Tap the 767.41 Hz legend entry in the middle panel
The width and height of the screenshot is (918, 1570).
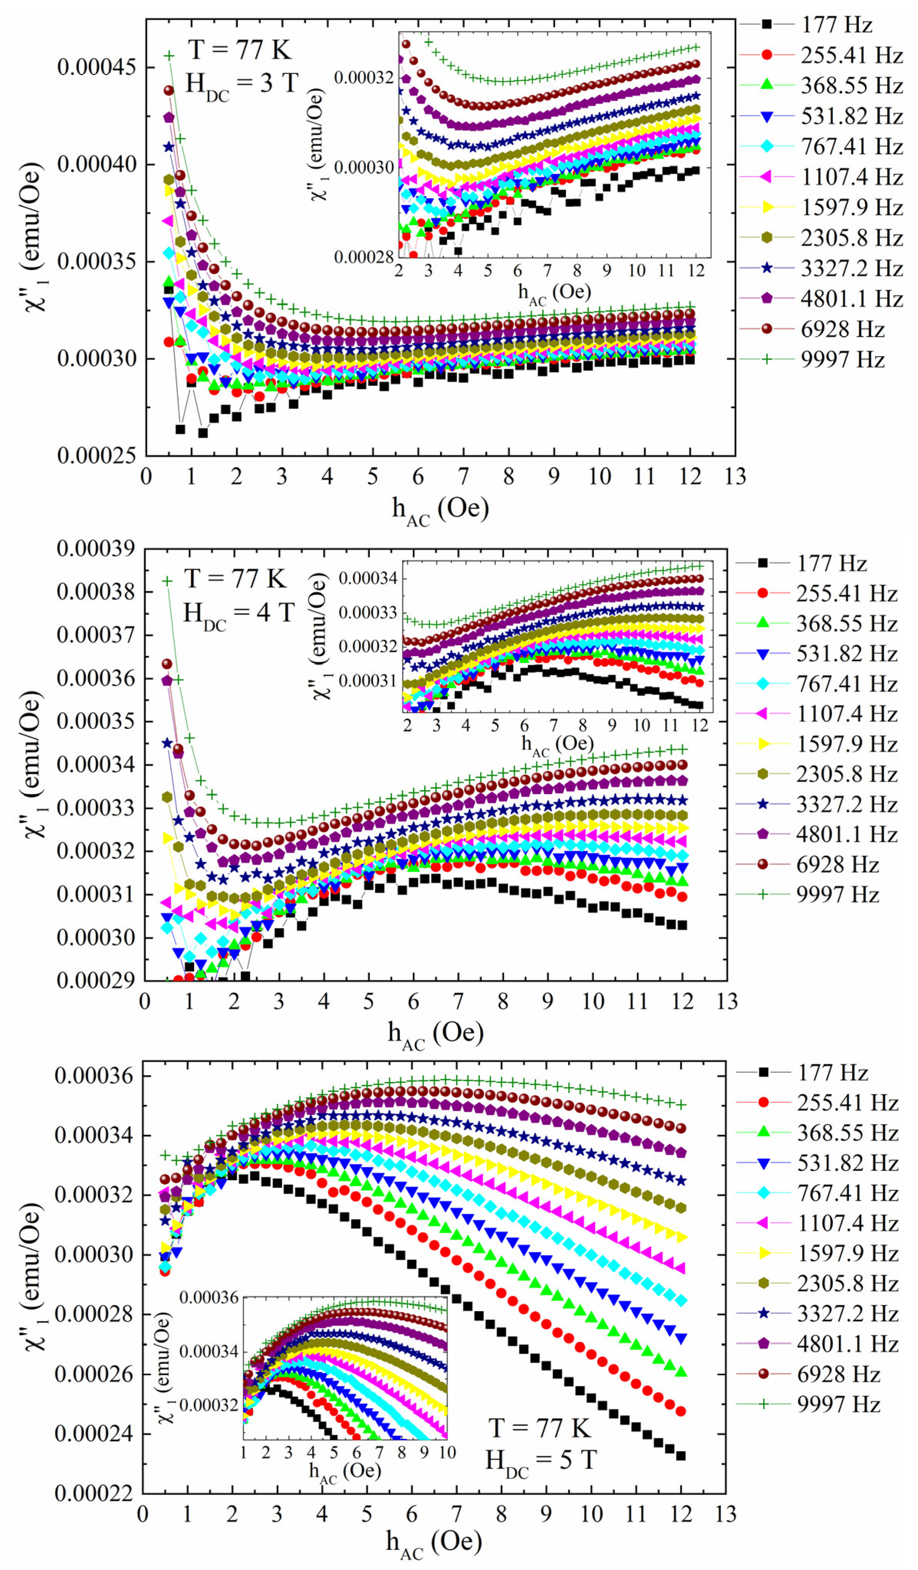846,684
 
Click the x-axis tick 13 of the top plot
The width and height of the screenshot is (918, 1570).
735,477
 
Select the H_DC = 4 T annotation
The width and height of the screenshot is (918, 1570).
238,614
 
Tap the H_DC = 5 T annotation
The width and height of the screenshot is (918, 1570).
541,1461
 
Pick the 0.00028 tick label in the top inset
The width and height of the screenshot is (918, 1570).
363,257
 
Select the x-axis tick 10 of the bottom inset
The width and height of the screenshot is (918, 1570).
447,1452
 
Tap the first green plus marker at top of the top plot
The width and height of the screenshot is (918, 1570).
169,56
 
